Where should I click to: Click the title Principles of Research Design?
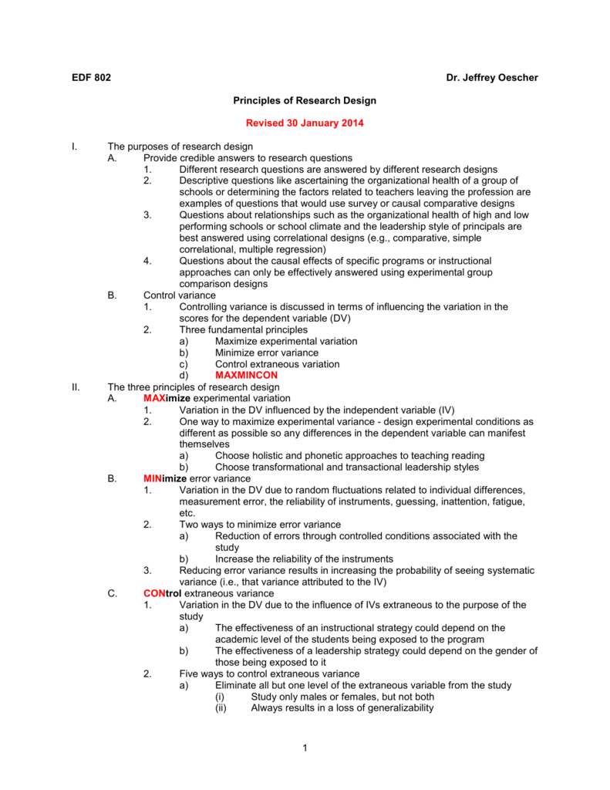click(x=305, y=101)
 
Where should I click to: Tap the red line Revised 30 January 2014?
click(x=305, y=123)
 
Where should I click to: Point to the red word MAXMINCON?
click(x=246, y=375)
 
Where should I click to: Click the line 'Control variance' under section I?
click(x=180, y=295)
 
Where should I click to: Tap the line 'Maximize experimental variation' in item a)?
click(x=286, y=341)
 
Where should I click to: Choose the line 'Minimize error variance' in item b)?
click(x=267, y=353)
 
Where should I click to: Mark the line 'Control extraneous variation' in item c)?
click(x=278, y=364)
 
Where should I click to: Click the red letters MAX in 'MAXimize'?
click(x=153, y=398)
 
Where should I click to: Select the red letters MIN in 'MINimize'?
click(x=152, y=478)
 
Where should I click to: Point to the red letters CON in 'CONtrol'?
click(x=153, y=593)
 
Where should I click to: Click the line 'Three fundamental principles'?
click(x=243, y=329)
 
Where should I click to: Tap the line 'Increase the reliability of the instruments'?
click(x=305, y=559)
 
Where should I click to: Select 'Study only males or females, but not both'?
click(x=342, y=697)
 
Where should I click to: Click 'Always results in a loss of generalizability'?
click(x=342, y=708)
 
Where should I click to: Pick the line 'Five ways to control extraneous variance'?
click(x=269, y=674)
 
